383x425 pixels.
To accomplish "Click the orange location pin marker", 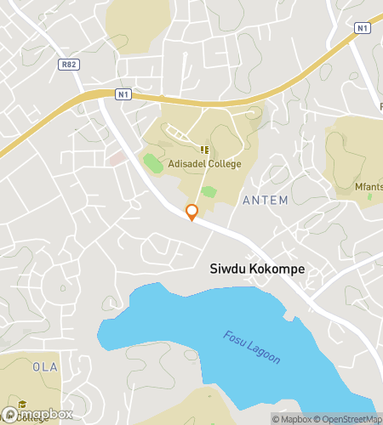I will (191, 212).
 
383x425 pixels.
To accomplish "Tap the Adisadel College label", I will (203, 164).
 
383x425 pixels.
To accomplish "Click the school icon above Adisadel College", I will (203, 150).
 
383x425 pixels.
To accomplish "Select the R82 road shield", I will (69, 63).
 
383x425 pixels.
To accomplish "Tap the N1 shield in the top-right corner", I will (363, 28).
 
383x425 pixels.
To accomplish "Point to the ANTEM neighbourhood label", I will (266, 200).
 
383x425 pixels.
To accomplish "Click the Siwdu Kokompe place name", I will (257, 269).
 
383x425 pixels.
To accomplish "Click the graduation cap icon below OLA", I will (23, 404).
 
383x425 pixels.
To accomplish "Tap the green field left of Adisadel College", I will (152, 162).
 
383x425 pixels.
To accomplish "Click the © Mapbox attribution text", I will (293, 418).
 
